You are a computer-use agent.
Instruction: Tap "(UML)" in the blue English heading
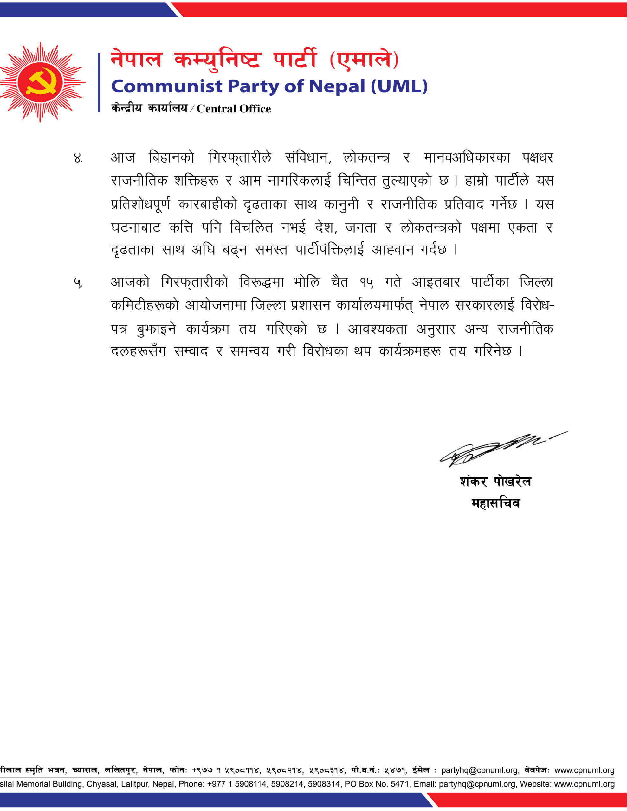coord(399,86)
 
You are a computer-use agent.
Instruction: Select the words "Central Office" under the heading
coord(233,109)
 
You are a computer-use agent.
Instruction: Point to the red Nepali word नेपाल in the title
coord(136,60)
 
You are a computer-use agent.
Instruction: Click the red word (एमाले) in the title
coord(364,60)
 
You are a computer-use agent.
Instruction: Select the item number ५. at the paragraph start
coord(78,283)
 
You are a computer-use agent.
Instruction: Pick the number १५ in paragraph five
coord(366,283)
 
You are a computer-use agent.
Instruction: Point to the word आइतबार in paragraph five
coord(436,283)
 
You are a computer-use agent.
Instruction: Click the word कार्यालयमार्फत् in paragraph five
coord(375,306)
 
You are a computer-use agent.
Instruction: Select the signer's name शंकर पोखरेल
coord(495,481)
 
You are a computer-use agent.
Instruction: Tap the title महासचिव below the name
coord(495,503)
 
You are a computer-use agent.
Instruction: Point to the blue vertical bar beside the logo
coord(99,82)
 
